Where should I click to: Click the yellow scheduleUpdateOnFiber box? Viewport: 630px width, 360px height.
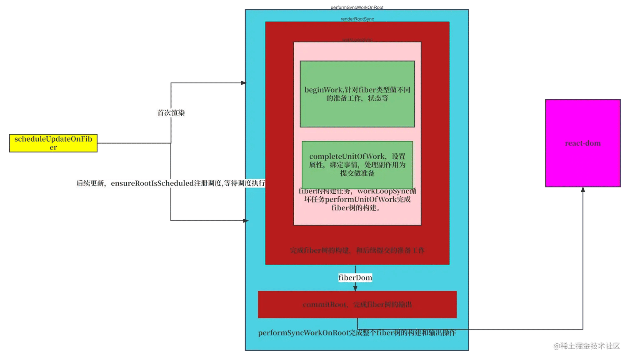pos(53,143)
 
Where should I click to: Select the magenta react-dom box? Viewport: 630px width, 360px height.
pos(582,125)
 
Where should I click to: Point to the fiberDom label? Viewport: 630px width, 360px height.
pos(355,278)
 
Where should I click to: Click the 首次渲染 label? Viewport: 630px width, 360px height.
pos(171,112)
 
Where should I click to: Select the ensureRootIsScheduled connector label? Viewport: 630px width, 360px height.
pos(170,183)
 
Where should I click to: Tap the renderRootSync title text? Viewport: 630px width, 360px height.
pos(357,19)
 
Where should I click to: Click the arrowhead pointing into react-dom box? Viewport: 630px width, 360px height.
pos(583,190)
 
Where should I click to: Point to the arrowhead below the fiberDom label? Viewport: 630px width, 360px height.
pos(355,288)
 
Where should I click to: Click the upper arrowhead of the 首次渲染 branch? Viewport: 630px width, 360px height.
pos(243,83)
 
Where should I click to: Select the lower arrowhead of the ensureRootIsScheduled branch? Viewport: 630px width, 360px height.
pos(245,220)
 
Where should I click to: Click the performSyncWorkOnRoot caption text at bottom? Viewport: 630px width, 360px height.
pos(357,333)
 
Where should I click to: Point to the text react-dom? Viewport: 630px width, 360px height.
pos(582,143)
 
